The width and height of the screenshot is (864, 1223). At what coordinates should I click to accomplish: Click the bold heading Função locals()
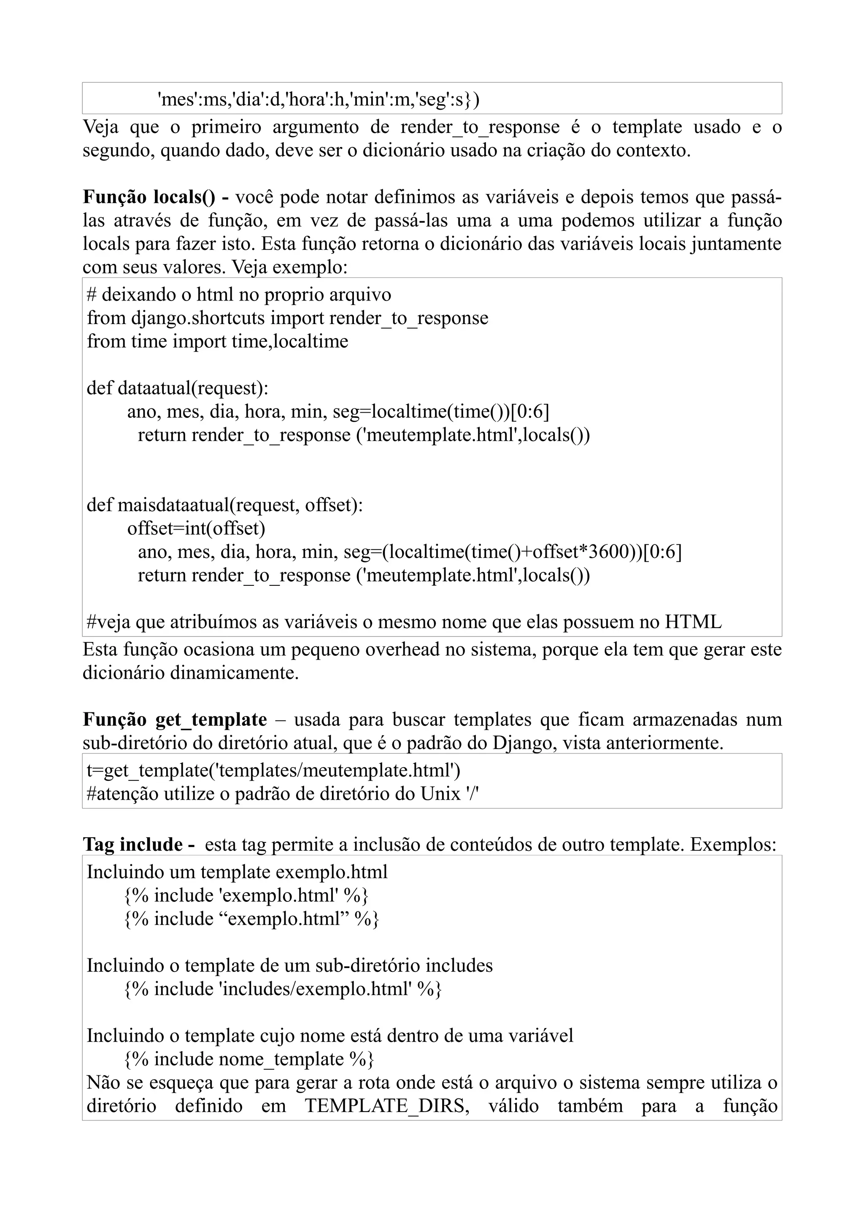tap(149, 197)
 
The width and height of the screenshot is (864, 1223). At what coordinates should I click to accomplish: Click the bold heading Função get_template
tap(175, 720)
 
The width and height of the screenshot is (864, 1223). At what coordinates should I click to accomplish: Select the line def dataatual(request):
tap(177, 388)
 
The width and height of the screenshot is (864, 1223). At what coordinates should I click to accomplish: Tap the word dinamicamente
tap(234, 673)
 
